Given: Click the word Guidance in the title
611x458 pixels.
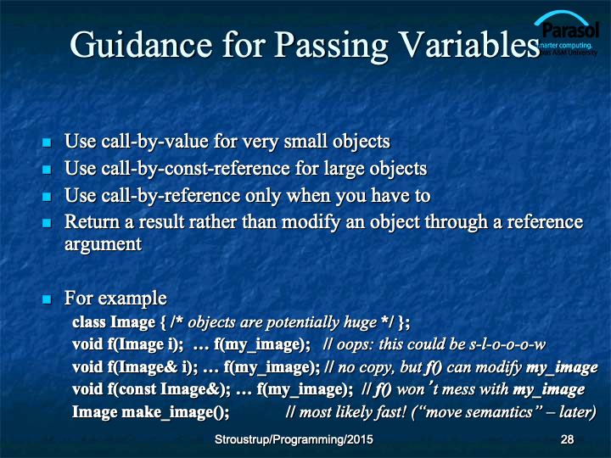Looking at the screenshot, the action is (x=141, y=46).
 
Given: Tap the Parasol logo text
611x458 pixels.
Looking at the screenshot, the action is (x=570, y=30).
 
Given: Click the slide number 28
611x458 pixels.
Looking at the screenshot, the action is (x=567, y=439).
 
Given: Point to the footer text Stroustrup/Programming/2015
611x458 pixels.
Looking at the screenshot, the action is (x=294, y=439).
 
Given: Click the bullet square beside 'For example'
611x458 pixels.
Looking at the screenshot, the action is (x=47, y=299).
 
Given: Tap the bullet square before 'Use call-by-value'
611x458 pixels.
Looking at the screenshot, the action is (x=47, y=142).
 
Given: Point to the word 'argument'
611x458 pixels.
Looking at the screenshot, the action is (x=104, y=245).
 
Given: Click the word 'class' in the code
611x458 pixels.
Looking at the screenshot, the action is (x=89, y=322).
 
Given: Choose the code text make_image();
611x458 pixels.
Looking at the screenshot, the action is (x=176, y=412).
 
